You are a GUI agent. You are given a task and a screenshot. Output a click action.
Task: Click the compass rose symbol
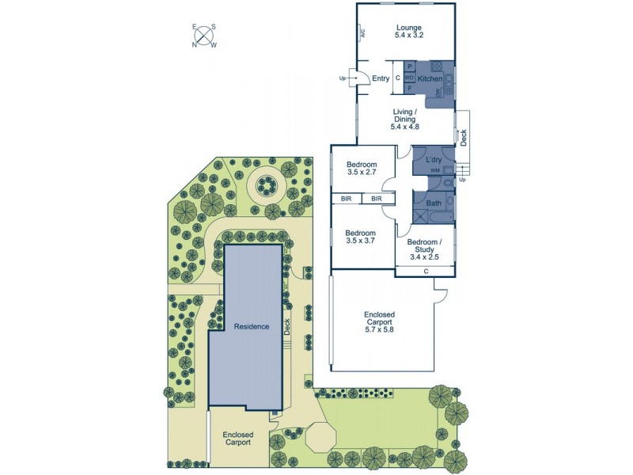click(x=204, y=36)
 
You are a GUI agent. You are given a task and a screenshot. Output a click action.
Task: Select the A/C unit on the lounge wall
click(x=362, y=34)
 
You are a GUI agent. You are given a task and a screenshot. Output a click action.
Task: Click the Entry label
click(x=381, y=78)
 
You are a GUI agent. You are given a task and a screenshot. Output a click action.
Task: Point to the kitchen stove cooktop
click(x=434, y=68)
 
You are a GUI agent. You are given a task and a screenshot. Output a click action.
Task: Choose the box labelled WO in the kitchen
click(x=409, y=78)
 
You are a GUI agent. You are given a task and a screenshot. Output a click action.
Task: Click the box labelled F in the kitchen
click(x=410, y=87)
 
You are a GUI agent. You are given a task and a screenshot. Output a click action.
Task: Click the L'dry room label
click(x=434, y=161)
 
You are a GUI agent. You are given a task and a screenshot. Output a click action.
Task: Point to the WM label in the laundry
click(x=434, y=171)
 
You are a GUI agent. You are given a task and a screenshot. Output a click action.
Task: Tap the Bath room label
click(x=434, y=203)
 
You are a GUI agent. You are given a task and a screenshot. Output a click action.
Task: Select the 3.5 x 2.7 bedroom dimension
click(x=362, y=173)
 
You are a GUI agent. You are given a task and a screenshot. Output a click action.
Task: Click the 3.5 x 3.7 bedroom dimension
click(x=360, y=241)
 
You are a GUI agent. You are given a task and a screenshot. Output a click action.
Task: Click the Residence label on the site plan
click(x=251, y=326)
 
